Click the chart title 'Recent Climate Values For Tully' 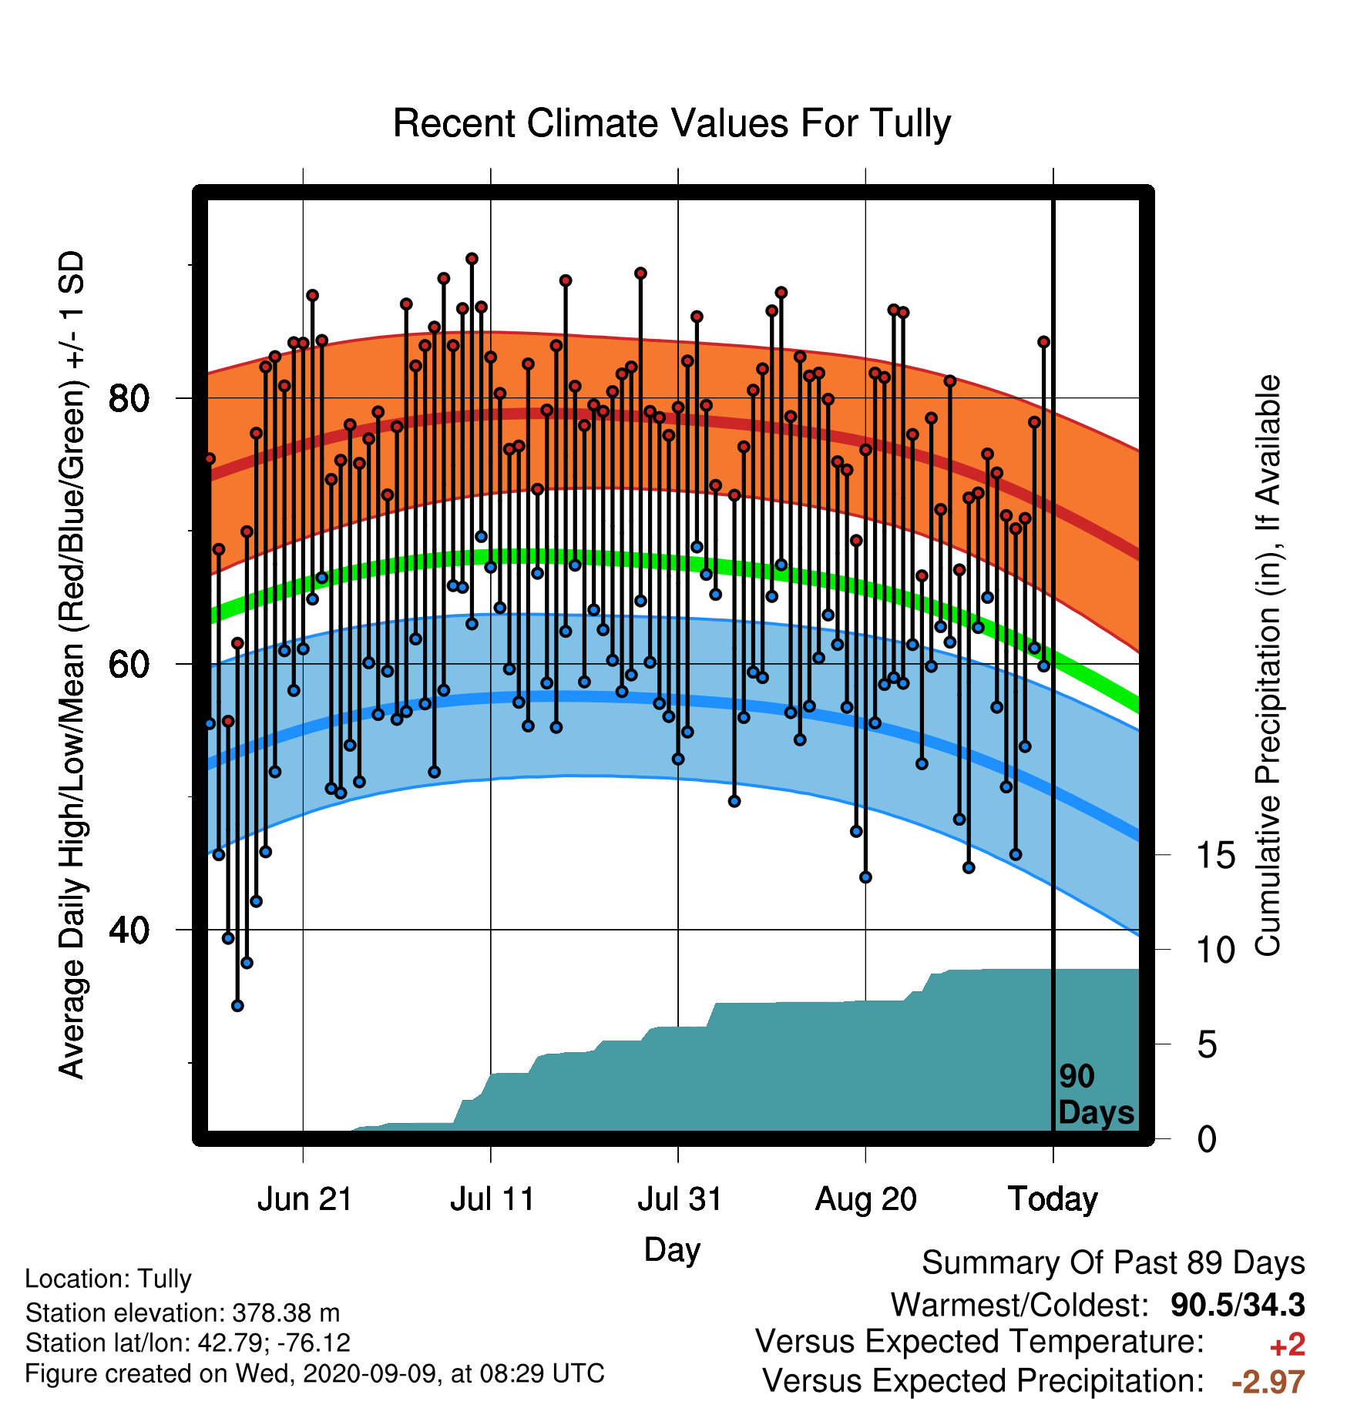coord(672,124)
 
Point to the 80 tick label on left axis coord(129,399)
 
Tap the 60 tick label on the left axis coord(129,664)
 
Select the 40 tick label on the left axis coord(129,930)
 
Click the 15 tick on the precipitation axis coord(1216,856)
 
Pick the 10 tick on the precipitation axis coord(1216,950)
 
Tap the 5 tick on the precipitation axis coord(1208,1045)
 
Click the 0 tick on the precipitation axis coord(1208,1139)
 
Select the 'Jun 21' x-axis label coord(304,1199)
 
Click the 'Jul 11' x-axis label coord(492,1199)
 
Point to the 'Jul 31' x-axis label coord(680,1199)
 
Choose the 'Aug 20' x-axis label coord(866,1199)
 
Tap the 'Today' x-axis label coord(1053,1199)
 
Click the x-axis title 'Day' coord(672,1250)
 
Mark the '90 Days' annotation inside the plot coord(1096,1095)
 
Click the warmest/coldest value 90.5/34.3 coord(1238,1306)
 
